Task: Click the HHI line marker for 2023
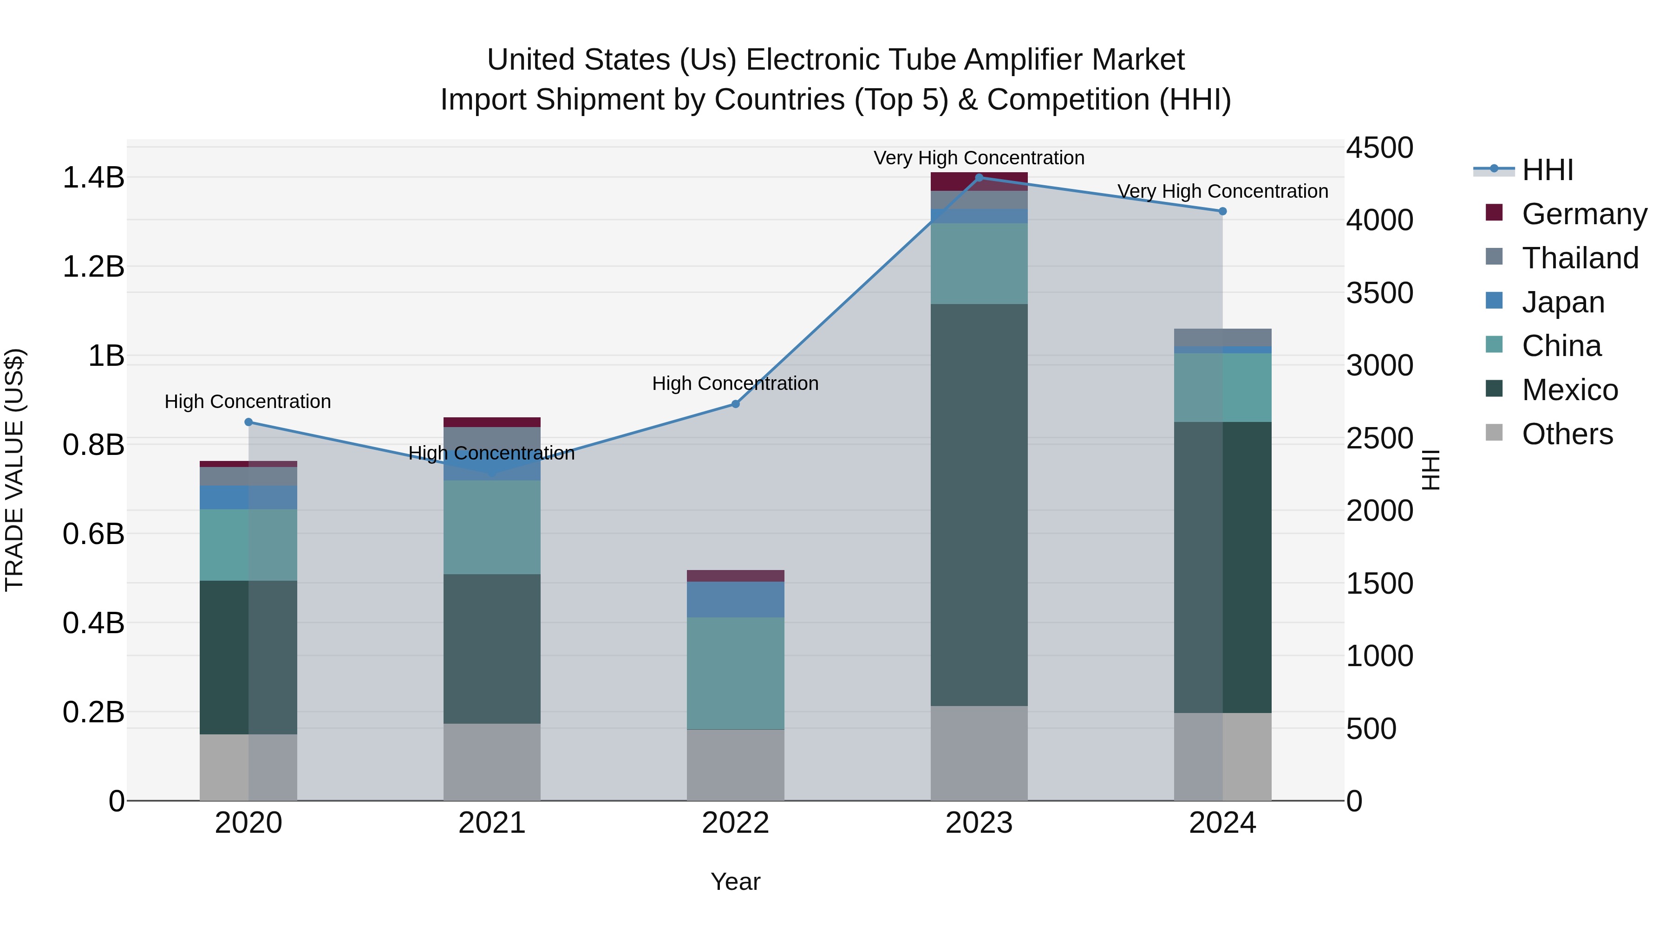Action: (979, 177)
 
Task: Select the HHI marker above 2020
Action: (248, 422)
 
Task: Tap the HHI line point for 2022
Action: (735, 404)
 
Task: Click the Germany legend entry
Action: (1584, 214)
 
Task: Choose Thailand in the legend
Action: (1580, 258)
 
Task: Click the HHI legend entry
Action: (1548, 170)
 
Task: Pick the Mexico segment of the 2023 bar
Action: (979, 506)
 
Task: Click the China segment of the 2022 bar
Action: (735, 674)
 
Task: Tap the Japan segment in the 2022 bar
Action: (735, 599)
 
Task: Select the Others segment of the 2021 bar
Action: (492, 762)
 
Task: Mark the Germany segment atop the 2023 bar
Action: (979, 182)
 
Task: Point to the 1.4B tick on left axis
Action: (93, 178)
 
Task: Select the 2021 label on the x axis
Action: (492, 823)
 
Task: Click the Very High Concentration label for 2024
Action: (1222, 191)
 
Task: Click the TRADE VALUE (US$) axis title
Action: (14, 470)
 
